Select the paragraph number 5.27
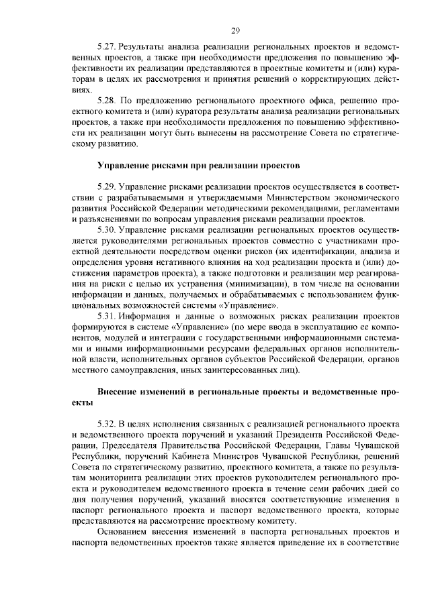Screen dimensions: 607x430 pyautogui.click(x=107, y=49)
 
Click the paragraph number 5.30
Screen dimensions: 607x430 pyautogui.click(x=107, y=230)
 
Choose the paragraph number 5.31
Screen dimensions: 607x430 pyautogui.click(x=107, y=315)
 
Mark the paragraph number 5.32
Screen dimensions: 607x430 pyautogui.click(x=107, y=425)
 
